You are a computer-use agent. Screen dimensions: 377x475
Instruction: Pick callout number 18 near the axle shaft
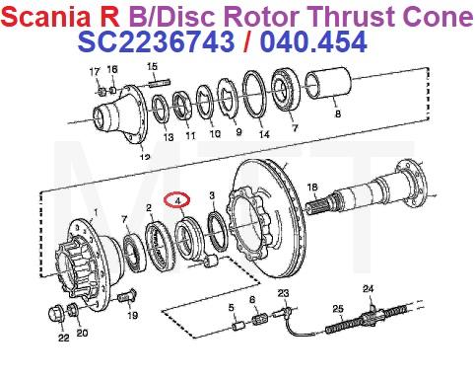(x=311, y=188)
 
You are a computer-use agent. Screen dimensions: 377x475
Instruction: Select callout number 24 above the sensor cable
(x=369, y=288)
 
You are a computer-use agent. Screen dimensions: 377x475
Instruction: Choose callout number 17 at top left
(x=95, y=71)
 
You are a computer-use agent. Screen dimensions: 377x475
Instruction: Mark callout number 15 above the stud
(x=152, y=66)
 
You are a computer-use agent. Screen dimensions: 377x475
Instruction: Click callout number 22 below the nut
(x=63, y=339)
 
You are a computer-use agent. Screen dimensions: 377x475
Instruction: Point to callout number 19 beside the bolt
(x=132, y=317)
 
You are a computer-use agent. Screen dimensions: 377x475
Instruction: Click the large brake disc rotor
(x=266, y=222)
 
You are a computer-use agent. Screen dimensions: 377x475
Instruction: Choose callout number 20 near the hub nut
(x=82, y=332)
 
